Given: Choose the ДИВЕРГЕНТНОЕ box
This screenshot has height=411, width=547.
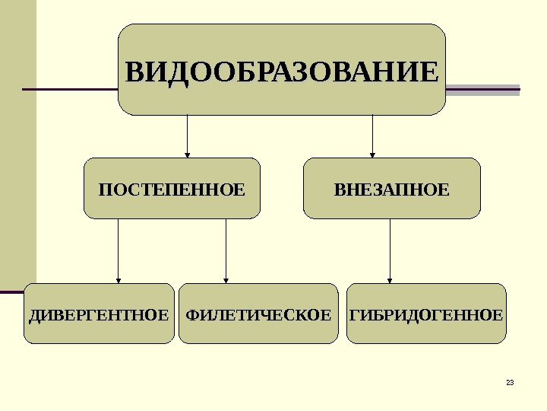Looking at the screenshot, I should tap(99, 314).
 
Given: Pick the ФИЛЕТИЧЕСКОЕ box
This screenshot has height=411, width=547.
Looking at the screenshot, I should tap(258, 314).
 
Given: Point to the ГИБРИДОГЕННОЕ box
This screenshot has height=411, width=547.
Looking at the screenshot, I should tap(426, 314).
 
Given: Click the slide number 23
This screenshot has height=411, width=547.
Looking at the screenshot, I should tap(510, 382).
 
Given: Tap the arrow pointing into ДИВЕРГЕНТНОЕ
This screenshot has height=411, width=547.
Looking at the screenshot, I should tap(118, 251).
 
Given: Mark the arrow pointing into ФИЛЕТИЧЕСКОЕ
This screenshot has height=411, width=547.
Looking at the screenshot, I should tap(226, 251).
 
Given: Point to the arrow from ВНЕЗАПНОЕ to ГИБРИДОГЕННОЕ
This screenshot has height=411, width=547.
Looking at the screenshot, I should tap(390, 251).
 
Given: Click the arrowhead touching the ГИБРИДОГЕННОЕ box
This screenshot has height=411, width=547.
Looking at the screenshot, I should tap(390, 279).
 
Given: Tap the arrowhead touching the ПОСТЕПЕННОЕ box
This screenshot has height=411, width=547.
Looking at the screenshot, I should tap(187, 154).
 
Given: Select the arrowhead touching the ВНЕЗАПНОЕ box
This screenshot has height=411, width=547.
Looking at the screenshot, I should tap(372, 154).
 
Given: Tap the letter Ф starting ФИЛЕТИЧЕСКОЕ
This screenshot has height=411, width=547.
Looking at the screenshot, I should tap(191, 314).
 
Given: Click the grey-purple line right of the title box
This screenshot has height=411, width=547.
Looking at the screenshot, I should tap(482, 90).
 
